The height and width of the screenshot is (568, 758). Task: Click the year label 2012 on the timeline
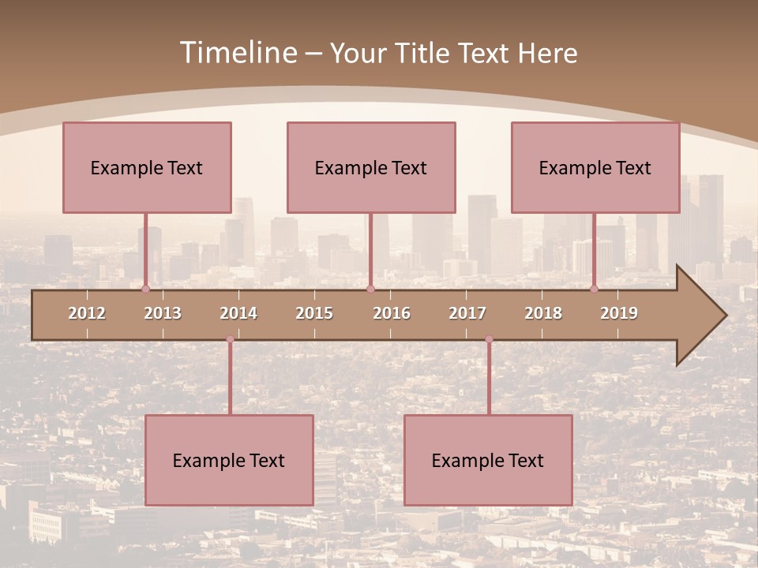pos(87,313)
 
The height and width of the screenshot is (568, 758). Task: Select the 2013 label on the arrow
pos(163,313)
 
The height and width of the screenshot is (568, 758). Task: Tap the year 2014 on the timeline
pos(238,313)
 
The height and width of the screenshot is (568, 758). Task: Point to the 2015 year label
pos(314,313)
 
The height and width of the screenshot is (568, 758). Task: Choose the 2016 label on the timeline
pos(392,313)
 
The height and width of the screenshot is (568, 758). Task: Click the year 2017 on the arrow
pos(467,313)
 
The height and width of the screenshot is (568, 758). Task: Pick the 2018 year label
pos(543,313)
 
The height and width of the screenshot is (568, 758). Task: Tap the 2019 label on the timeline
pos(619,313)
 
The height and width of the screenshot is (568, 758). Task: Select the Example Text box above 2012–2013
pos(147,167)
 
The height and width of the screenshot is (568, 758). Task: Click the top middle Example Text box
pos(371,167)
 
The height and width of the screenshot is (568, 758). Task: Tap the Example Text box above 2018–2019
pos(595,167)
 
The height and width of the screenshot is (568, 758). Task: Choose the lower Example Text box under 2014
pos(229,460)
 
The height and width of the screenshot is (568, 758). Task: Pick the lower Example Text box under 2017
pos(488,460)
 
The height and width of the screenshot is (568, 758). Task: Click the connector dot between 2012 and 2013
pos(145,289)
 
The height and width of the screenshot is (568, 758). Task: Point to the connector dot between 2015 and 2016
pos(370,289)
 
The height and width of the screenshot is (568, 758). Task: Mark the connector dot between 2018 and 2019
pos(594,289)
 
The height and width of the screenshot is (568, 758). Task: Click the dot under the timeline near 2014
pos(230,339)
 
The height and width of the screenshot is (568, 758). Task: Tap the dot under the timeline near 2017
pos(489,339)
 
